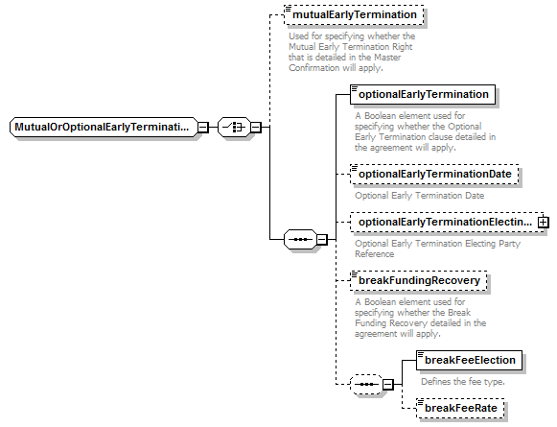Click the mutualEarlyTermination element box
354,15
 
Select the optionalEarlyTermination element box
423,95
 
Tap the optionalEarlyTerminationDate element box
434,175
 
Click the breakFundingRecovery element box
419,280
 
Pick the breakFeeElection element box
469,360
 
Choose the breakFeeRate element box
460,408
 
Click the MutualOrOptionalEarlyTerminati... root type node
103,127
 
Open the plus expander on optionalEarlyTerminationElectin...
544,223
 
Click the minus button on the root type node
203,128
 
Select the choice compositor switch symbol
234,127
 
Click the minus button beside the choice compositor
256,128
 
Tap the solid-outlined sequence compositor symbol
300,239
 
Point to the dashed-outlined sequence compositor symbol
366,385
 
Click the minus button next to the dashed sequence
388,385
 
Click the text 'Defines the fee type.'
463,382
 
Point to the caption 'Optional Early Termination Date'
420,196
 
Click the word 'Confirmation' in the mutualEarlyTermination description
309,68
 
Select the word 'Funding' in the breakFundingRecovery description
371,323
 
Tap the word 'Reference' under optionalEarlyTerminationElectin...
375,254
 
